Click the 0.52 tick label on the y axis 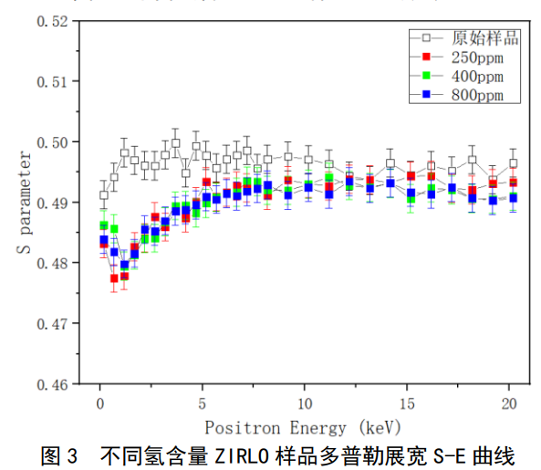click(53, 21)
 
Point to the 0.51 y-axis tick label click(53, 81)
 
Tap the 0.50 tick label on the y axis click(53, 142)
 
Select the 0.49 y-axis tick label click(53, 203)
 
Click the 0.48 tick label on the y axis click(53, 263)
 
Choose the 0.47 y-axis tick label click(53, 324)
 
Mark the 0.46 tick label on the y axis click(53, 384)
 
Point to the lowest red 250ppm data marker click(114, 278)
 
